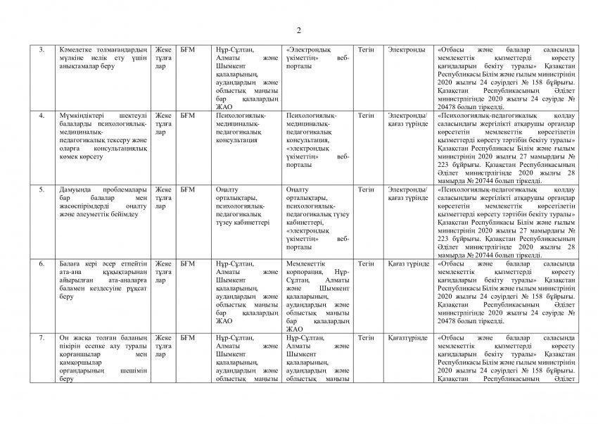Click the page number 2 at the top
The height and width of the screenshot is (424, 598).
pos(298,30)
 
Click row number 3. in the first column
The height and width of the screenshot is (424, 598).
pos(42,50)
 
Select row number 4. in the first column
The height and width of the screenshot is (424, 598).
pos(42,115)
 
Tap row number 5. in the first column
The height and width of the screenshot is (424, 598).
pos(42,189)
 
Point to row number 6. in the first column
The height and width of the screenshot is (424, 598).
pos(42,264)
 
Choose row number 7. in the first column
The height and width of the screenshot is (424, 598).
pos(42,338)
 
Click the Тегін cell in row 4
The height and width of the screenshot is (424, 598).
pos(366,115)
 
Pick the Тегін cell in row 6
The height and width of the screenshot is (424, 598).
pos(366,264)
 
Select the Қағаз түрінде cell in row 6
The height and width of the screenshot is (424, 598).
pos(409,264)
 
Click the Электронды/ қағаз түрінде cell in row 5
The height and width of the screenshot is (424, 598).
pos(408,194)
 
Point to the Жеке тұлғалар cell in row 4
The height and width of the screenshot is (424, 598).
pos(163,123)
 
